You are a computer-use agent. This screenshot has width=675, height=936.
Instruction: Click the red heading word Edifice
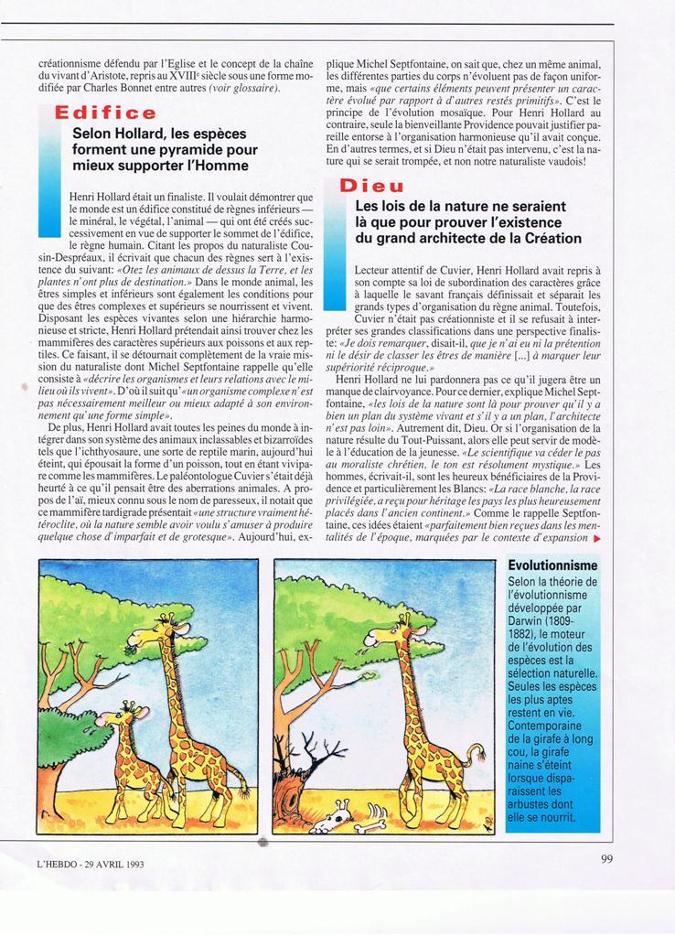[x=105, y=113]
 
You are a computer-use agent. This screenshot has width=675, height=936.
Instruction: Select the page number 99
[x=607, y=858]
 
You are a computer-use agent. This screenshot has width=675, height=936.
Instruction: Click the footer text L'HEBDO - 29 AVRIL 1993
[x=91, y=864]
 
